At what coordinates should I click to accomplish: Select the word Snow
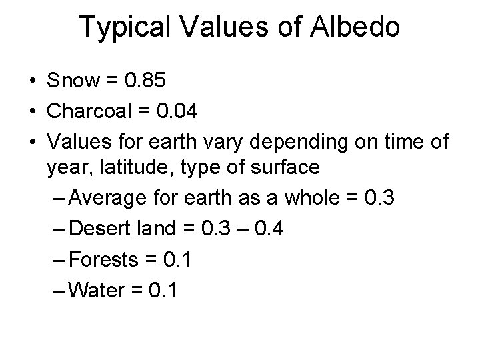pos(73,82)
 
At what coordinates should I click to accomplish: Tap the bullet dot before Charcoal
pos(33,111)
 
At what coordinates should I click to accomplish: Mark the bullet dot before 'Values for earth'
pos(33,140)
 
